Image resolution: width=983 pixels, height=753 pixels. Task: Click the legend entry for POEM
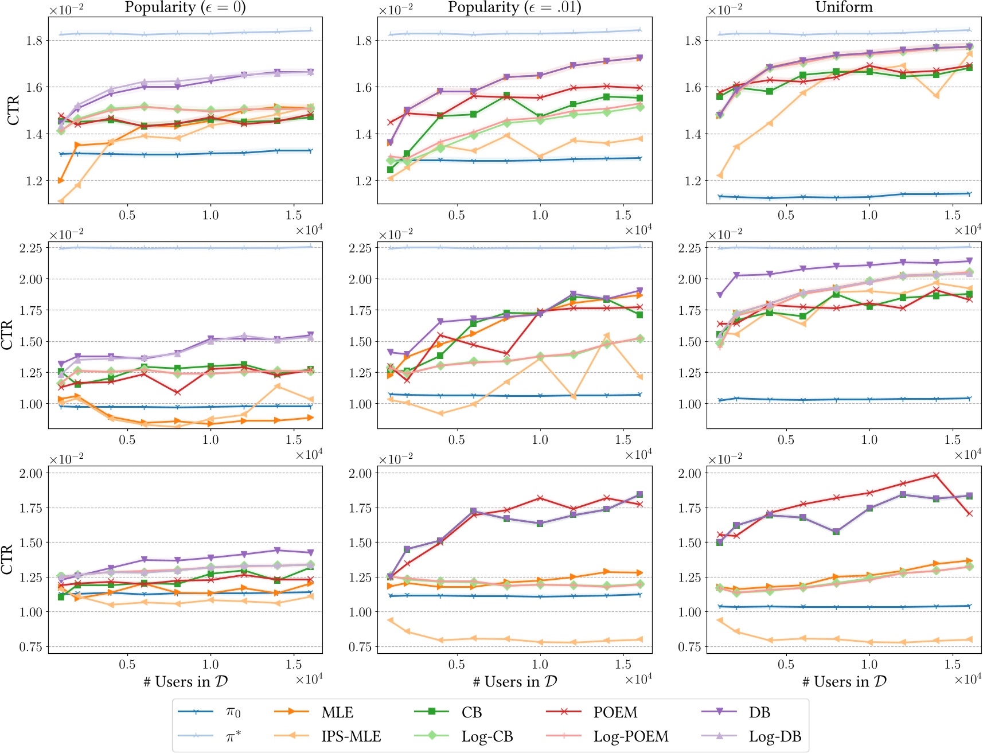pos(615,712)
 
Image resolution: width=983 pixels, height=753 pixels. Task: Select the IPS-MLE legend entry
pos(351,736)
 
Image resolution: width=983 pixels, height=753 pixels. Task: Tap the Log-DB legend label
pos(775,736)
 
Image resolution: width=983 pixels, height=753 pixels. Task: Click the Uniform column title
pos(844,7)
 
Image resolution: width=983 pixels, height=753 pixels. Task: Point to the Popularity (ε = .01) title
pos(514,7)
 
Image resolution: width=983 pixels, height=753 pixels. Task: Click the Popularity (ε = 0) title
pos(185,7)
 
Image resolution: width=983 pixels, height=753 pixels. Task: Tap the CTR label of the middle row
pos(7,335)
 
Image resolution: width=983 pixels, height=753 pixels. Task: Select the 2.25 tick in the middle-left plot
pos(31,248)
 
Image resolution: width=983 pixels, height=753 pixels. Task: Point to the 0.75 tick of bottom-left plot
pos(31,647)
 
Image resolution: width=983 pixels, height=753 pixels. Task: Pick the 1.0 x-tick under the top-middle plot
pos(540,215)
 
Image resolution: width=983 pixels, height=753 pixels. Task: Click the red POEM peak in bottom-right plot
pos(936,475)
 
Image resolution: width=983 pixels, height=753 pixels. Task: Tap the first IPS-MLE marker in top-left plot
pos(61,201)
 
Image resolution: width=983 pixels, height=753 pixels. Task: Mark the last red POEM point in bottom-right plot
pos(969,513)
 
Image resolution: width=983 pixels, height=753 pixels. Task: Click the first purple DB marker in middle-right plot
pos(720,295)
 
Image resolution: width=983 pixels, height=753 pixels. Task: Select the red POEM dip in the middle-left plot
pos(177,392)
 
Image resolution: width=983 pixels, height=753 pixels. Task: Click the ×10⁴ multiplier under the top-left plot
pos(309,230)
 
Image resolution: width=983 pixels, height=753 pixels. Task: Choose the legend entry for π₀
pos(233,712)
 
